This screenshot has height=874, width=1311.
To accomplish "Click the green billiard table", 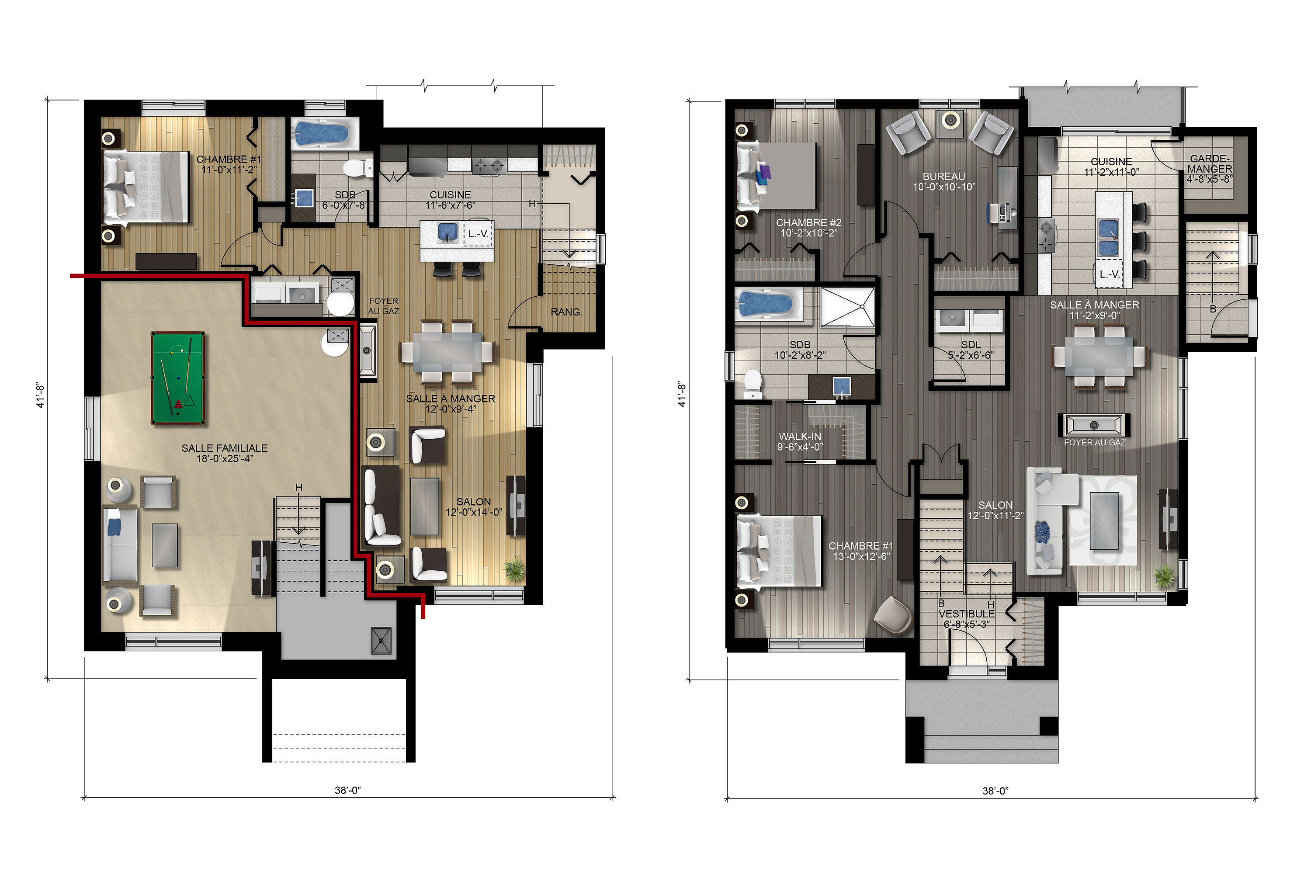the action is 178,378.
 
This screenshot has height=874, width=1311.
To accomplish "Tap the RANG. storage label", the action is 566,312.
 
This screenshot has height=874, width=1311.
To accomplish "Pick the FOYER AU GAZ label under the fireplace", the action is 1095,443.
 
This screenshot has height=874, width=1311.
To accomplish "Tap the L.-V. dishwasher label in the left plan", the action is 478,234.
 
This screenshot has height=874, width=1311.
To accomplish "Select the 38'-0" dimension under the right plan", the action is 995,791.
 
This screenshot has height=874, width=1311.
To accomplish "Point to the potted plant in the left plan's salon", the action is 514,569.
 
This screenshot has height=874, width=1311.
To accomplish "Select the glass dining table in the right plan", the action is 1098,357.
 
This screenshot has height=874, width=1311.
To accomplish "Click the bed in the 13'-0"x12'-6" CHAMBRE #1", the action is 779,551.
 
